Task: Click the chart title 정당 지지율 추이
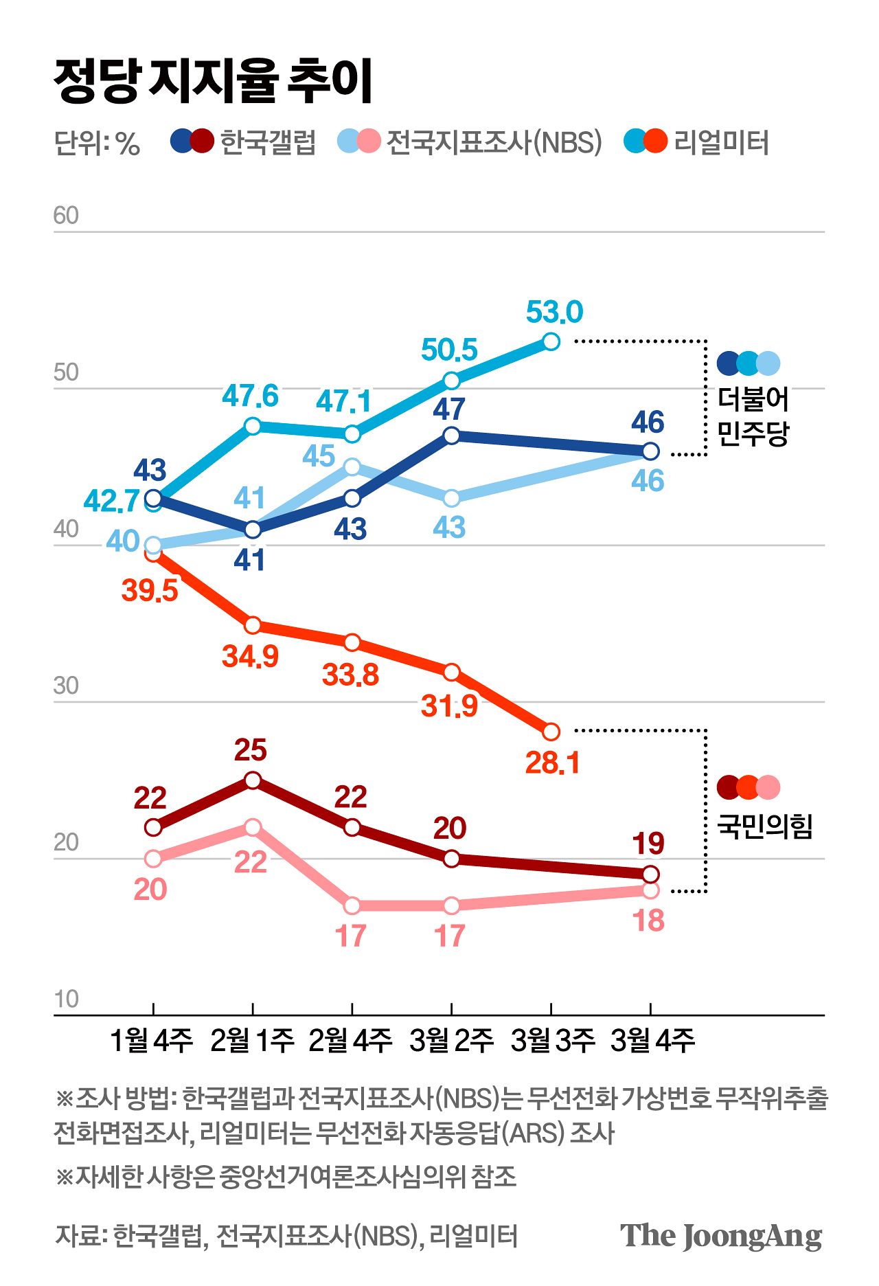point(213,81)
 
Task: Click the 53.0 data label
point(554,312)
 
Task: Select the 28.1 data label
point(552,763)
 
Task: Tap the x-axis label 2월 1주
point(252,1041)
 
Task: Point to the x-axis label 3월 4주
point(652,1041)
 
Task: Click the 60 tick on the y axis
point(66,216)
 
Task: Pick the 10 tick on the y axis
point(66,1000)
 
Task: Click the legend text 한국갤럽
point(268,142)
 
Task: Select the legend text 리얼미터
point(721,142)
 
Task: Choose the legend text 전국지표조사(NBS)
point(494,142)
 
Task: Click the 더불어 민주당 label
point(753,416)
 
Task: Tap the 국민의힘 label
point(764,826)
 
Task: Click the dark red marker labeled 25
point(253,780)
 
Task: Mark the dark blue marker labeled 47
point(451,436)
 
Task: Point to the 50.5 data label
point(449,350)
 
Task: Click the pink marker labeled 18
point(650,890)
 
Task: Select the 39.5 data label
point(150,590)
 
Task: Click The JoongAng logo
point(721,1237)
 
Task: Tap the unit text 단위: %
point(97,143)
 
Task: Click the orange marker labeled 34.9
point(253,625)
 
